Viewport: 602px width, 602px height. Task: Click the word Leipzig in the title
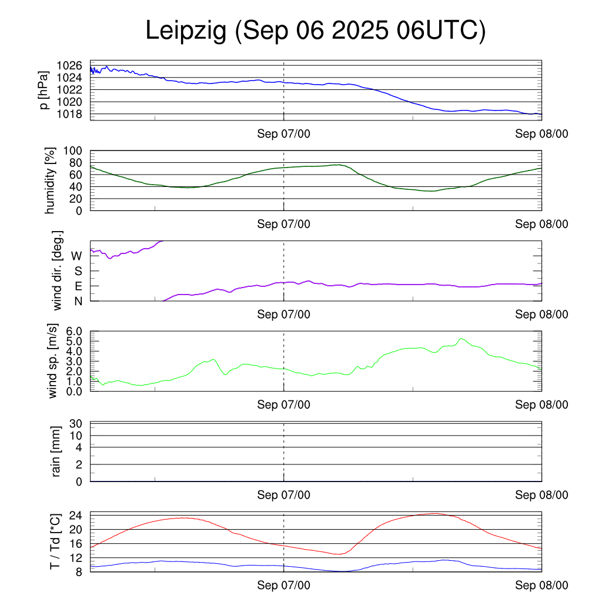[x=186, y=31]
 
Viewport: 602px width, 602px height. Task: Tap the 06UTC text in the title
[x=441, y=31]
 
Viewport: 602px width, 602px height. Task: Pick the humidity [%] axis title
[x=51, y=180]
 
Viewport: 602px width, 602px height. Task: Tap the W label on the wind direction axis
[x=77, y=256]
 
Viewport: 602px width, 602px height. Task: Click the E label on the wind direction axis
[x=78, y=286]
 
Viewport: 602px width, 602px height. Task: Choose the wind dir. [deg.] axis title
[x=57, y=271]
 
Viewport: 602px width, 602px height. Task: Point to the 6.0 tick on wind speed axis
[x=77, y=332]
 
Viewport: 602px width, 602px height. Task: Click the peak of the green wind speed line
[x=461, y=339]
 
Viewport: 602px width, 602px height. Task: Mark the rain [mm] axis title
[x=56, y=451]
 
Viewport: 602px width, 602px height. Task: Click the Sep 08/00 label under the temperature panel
[x=541, y=586]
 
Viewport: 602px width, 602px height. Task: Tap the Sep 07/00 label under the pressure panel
[x=283, y=134]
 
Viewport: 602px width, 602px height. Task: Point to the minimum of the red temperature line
[x=337, y=554]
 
